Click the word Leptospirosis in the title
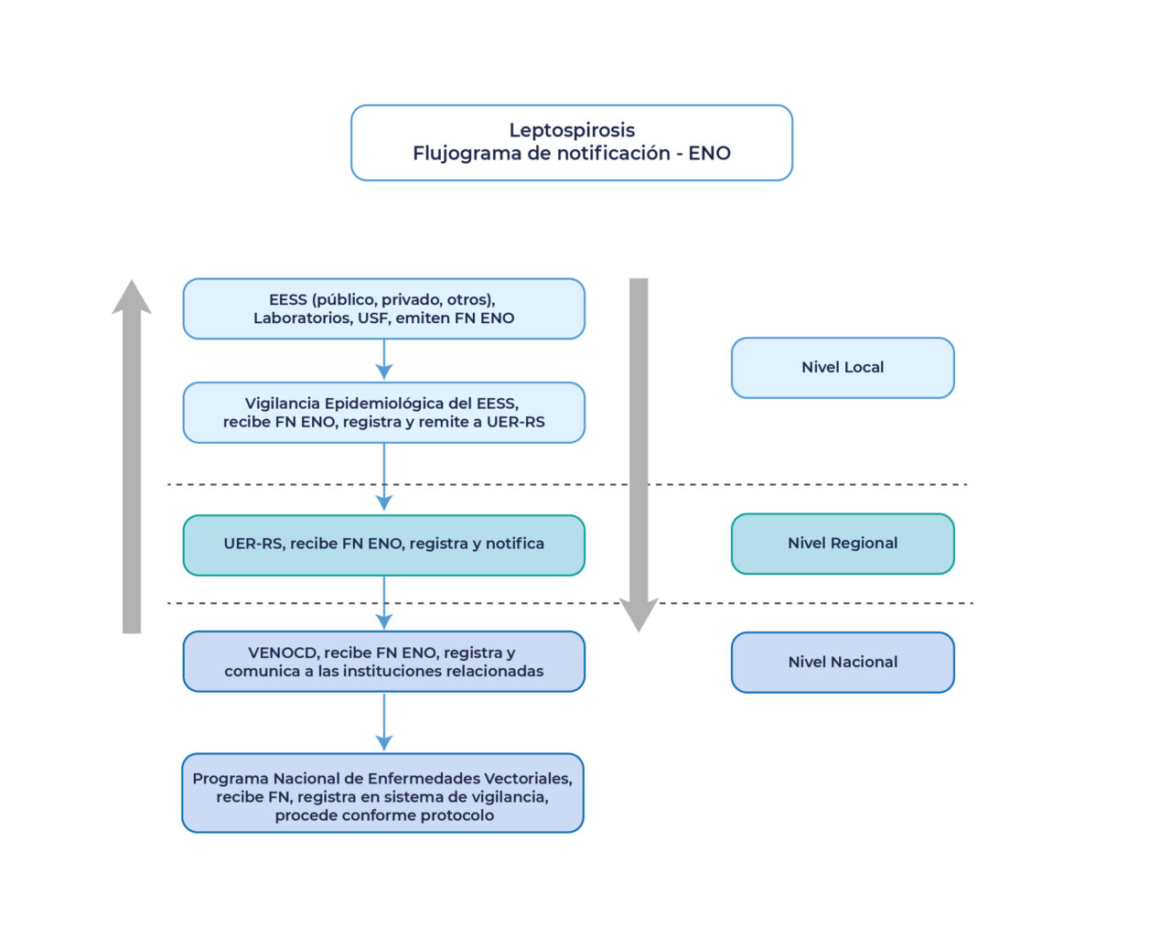tap(572, 130)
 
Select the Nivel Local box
tap(843, 367)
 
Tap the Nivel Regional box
tap(843, 543)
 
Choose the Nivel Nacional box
tap(843, 662)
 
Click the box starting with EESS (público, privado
tap(383, 308)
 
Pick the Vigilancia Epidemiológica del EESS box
tap(383, 413)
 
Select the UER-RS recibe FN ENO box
tap(383, 545)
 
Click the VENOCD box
tap(383, 662)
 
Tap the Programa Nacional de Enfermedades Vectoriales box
tap(383, 793)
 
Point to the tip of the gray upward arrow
tap(132, 284)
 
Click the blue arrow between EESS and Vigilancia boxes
tap(384, 359)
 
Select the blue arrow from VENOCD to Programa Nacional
tap(384, 721)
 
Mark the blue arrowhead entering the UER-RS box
tap(384, 503)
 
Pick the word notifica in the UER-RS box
tap(514, 544)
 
